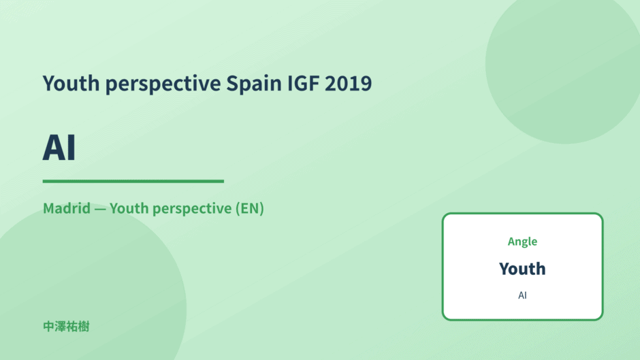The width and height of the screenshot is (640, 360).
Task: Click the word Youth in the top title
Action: pyautogui.click(x=71, y=83)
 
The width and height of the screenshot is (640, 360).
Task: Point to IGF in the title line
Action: pyautogui.click(x=303, y=83)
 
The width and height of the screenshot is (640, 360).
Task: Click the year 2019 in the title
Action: pyautogui.click(x=348, y=83)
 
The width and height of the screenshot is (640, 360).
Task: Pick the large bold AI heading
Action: pyautogui.click(x=59, y=148)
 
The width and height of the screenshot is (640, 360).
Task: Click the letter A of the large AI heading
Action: pyautogui.click(x=54, y=148)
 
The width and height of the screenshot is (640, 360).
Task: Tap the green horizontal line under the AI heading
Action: pyautogui.click(x=133, y=181)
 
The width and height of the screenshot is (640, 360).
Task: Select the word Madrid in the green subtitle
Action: pyautogui.click(x=67, y=208)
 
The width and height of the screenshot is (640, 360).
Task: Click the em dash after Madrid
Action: pyautogui.click(x=100, y=209)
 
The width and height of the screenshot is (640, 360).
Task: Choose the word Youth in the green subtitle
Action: pyautogui.click(x=129, y=208)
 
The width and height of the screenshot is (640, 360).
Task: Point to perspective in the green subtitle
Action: pyautogui.click(x=192, y=210)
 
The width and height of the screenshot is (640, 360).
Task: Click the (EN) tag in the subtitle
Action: pyautogui.click(x=249, y=208)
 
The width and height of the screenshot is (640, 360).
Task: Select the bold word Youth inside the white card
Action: pyautogui.click(x=522, y=269)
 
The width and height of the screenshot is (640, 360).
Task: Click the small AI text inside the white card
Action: pyautogui.click(x=522, y=295)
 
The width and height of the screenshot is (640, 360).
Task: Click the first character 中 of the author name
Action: pyautogui.click(x=48, y=327)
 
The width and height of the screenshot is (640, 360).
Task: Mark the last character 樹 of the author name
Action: pyautogui.click(x=84, y=327)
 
